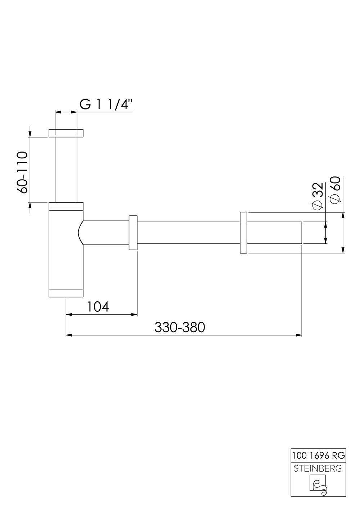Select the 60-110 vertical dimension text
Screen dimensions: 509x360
22,172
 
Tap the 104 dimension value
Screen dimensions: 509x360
98,307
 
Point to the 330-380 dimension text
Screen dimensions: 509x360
180,327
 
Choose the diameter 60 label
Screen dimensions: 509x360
334,190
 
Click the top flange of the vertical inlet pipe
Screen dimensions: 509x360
66,133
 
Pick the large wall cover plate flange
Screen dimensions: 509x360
243,233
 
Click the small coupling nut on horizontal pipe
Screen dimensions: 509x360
133,233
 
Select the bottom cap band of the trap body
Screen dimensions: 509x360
66,293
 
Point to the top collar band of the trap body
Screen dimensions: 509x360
66,206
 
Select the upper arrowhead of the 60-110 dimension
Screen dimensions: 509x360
30,133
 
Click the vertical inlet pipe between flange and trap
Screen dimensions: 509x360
66,169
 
